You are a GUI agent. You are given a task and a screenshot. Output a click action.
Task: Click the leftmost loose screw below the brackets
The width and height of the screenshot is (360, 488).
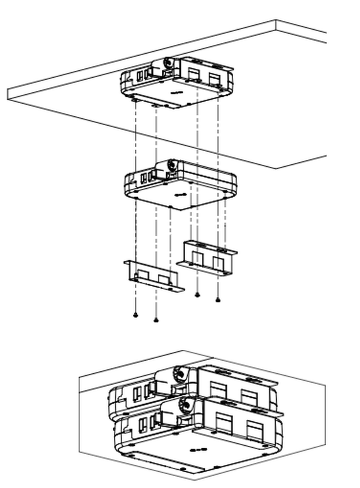point(136,315)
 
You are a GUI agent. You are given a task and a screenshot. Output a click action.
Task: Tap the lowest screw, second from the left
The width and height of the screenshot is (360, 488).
point(156,320)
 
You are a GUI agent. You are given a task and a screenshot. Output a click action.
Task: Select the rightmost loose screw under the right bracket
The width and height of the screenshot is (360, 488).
point(218,300)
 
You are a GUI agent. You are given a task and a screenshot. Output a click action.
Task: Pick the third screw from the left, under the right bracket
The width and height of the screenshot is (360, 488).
point(197,294)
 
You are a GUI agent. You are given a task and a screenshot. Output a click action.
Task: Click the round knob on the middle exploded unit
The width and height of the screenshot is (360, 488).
point(172,165)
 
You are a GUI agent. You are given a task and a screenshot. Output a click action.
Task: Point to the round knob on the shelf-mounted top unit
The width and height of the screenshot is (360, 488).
point(168,63)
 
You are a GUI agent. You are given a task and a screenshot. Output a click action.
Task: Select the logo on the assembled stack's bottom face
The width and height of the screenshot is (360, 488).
point(199,450)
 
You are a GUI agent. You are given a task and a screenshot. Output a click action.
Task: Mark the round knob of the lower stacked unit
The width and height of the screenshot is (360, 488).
point(186,404)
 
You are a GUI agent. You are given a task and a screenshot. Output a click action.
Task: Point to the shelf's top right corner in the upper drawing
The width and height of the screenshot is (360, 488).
point(276,20)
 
